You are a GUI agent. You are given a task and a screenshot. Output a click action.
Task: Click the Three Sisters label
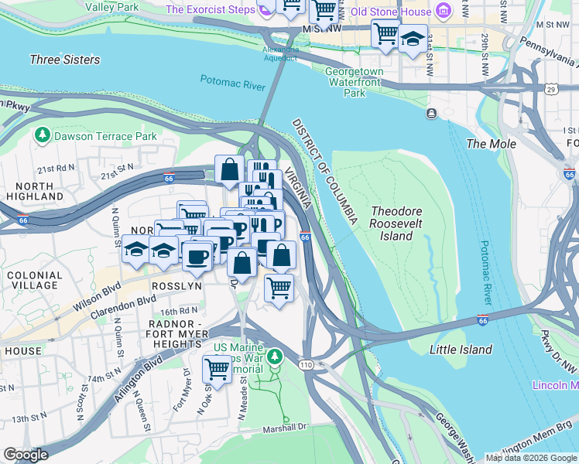[x=64, y=60]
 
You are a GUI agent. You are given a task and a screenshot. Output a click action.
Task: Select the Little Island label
[x=461, y=350]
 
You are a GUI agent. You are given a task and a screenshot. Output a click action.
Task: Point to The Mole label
[x=491, y=144]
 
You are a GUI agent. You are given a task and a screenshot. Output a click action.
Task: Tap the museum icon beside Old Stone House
[x=443, y=12]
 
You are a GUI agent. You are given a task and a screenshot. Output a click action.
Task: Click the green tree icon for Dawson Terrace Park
[x=43, y=136]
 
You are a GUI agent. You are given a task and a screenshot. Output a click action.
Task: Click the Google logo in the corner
[x=26, y=455]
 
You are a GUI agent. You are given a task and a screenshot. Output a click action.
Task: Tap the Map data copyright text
[x=531, y=458]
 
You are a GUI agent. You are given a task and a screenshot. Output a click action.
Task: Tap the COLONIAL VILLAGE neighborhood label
[x=33, y=280]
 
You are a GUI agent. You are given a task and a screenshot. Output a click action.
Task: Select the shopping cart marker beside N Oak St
[x=217, y=370]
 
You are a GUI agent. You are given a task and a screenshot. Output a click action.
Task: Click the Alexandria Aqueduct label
[x=280, y=53]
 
